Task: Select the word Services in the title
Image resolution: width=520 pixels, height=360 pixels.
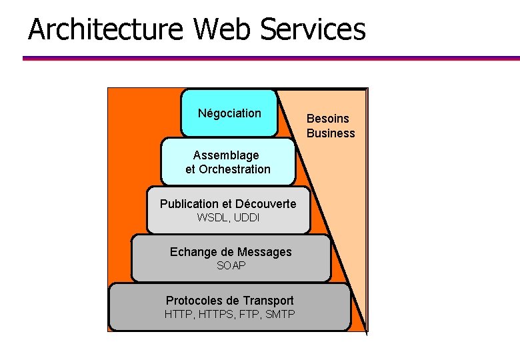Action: coord(313,29)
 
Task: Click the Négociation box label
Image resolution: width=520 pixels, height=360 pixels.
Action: coord(229,113)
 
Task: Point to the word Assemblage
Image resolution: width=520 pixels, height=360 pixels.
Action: coord(226,155)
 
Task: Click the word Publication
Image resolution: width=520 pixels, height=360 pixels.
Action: coord(189,204)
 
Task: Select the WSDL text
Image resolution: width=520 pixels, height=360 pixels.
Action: coord(213,218)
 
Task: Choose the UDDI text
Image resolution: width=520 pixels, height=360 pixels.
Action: coord(247,218)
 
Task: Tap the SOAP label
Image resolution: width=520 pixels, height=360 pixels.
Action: coord(231,266)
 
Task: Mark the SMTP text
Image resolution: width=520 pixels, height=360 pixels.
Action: coord(280,314)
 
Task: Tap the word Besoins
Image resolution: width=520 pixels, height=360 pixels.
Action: coord(327,119)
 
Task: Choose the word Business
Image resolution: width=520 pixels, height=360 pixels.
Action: coord(331,133)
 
